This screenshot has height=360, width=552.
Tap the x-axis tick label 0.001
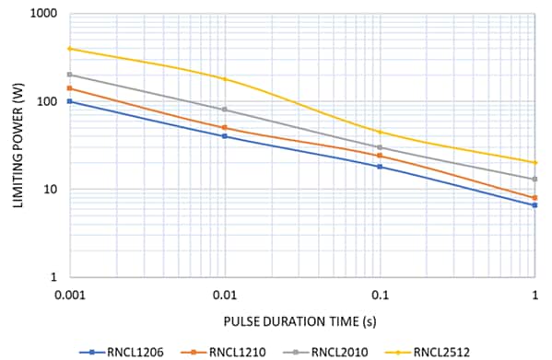[72, 294]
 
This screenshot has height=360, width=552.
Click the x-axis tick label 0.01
[225, 294]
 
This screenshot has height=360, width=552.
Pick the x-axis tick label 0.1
[380, 294]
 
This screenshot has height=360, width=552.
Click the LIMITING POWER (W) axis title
[18, 145]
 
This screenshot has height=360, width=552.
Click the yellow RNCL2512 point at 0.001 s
[70, 49]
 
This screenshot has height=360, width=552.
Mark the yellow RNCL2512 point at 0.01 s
[225, 79]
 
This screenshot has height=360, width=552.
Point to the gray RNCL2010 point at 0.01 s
[225, 110]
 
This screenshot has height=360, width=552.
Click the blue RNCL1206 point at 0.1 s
[380, 167]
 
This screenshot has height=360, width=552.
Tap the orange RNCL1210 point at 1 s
[534, 197]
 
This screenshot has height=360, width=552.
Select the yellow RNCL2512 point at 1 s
[534, 163]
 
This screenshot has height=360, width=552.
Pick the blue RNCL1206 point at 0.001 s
[70, 101]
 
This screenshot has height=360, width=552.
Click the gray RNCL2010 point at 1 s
[534, 180]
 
